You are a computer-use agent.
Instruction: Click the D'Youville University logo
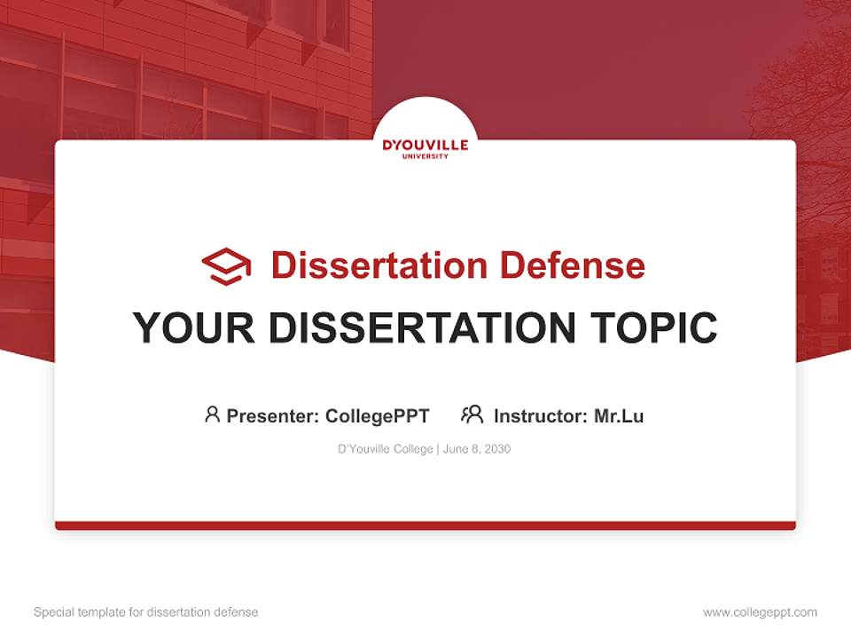point(425,146)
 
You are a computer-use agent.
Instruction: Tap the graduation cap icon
point(226,265)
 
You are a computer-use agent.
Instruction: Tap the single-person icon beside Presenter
point(212,414)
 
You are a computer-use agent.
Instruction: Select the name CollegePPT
point(378,415)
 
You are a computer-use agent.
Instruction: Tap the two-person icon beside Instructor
point(472,414)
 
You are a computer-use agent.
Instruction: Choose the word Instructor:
point(541,415)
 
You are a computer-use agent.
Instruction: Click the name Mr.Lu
point(619,415)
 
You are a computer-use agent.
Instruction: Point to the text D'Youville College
point(385,449)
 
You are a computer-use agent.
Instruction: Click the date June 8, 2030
point(477,449)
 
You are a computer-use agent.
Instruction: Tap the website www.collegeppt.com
point(760,612)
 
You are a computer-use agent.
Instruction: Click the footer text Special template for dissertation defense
point(146,612)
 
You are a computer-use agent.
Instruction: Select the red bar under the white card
point(425,525)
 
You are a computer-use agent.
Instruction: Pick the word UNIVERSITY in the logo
point(425,156)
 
